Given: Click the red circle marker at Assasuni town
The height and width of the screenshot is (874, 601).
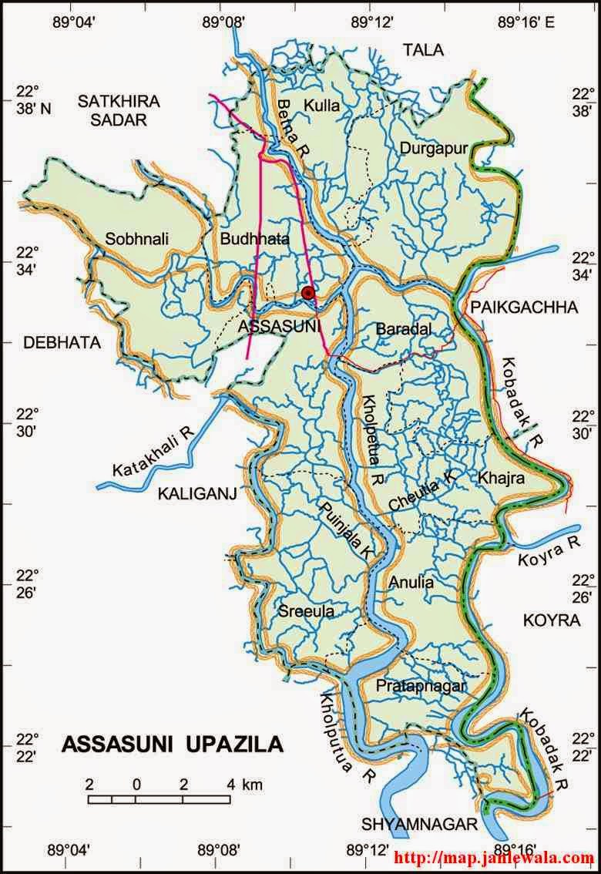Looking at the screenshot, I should click(x=308, y=292).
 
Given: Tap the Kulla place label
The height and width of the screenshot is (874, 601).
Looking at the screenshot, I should click(x=321, y=106).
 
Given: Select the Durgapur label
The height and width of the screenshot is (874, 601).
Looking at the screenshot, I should click(x=433, y=148).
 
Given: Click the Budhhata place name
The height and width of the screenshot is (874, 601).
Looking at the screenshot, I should click(x=254, y=240).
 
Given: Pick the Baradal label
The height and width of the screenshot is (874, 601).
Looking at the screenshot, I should click(x=403, y=329).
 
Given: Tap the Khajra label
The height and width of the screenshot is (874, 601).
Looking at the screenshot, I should click(x=501, y=478).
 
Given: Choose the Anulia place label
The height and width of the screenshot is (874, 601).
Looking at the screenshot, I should click(x=411, y=583).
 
